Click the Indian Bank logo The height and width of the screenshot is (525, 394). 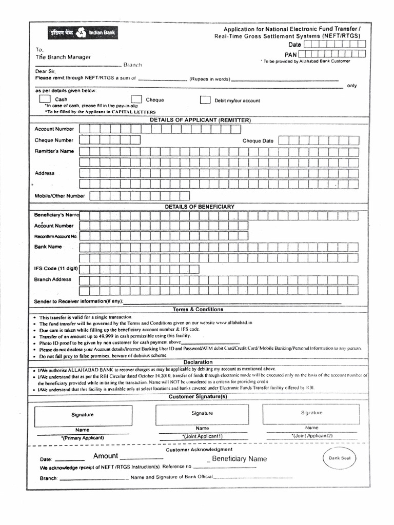pyautogui.click(x=83, y=33)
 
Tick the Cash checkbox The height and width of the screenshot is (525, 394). pyautogui.click(x=45, y=99)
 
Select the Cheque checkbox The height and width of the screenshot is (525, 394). pyautogui.click(x=136, y=99)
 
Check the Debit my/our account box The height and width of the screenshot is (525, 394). pyautogui.click(x=205, y=100)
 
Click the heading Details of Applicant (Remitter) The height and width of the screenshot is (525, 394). pyautogui.click(x=200, y=120)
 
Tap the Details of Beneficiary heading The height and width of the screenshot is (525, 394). pyautogui.click(x=200, y=207)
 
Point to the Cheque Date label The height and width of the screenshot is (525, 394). pyautogui.click(x=258, y=140)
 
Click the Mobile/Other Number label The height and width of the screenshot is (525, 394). pyautogui.click(x=60, y=196)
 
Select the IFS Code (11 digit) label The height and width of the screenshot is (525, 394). pyautogui.click(x=56, y=268)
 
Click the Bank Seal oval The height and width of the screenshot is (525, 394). pyautogui.click(x=339, y=458)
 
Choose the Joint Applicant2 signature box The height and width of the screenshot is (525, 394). pyautogui.click(x=311, y=413)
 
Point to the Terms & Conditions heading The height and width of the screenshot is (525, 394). pyautogui.click(x=198, y=310)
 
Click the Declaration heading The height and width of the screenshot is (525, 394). pyautogui.click(x=198, y=362)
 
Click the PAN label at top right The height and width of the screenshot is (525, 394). pyautogui.click(x=291, y=54)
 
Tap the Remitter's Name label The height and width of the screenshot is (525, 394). pyautogui.click(x=54, y=151)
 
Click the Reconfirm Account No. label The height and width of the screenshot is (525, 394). pyautogui.click(x=55, y=236)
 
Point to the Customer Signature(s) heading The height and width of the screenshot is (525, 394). pyautogui.click(x=198, y=396)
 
